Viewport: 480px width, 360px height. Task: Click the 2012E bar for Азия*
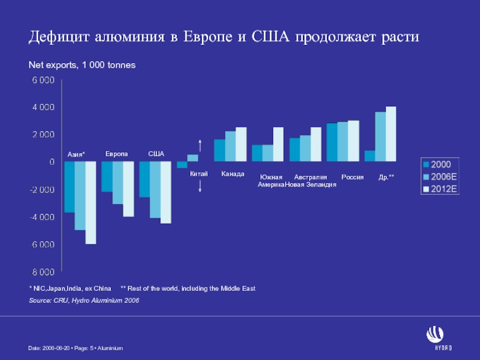[x=91, y=203]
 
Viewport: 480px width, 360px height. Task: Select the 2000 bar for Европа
[x=107, y=176]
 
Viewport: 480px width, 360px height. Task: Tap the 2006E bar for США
[x=155, y=190]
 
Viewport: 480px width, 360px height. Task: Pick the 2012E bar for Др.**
[x=391, y=134]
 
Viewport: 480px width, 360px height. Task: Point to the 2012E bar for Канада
[x=241, y=144]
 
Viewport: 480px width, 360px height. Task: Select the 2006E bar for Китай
[x=193, y=158]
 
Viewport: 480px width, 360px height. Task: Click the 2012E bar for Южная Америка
[x=278, y=144]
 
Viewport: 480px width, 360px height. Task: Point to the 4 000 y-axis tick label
[x=43, y=107]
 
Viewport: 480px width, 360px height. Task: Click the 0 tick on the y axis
[x=52, y=162]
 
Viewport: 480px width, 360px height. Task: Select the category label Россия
[x=352, y=178]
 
